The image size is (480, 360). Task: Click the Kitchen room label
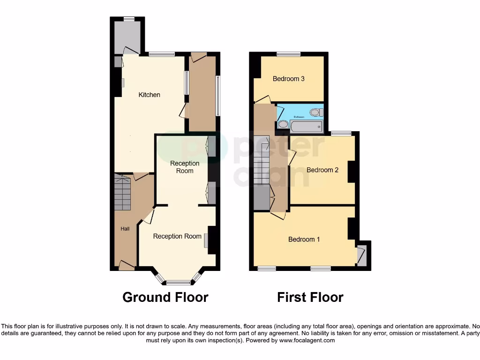coord(149,95)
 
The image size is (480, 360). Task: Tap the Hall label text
coord(125,229)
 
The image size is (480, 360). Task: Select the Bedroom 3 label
coord(289,79)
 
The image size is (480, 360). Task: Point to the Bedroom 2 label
coord(322,170)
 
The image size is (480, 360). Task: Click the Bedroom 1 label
coord(304,239)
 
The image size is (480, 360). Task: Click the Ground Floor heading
coord(165,297)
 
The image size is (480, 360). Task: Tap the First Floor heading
coord(310,297)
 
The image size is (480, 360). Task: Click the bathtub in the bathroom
coord(306,126)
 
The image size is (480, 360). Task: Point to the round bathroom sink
coord(283,125)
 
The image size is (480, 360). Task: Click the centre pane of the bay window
coord(178,283)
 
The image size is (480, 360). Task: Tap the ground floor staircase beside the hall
coord(123,192)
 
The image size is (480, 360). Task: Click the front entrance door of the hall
coord(126,266)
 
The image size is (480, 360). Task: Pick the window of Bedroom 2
coord(341,134)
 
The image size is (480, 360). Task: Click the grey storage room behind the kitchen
coord(127,37)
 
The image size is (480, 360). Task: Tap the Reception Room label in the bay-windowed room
coord(177,236)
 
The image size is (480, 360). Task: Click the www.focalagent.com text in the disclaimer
coord(307,340)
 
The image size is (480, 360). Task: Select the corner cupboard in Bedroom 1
coord(361,255)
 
